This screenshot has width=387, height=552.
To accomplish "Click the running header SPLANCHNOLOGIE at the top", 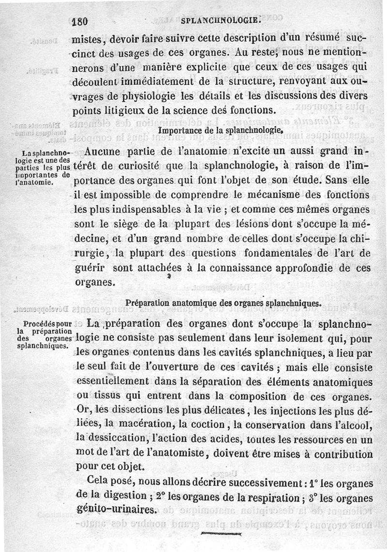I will point(221,21).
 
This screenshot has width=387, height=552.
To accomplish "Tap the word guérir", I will point(92,268).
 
